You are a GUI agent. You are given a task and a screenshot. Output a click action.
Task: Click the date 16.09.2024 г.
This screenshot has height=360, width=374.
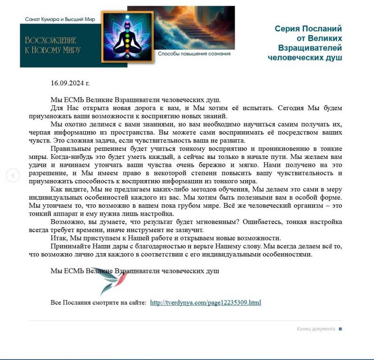pyautogui.click(x=70, y=83)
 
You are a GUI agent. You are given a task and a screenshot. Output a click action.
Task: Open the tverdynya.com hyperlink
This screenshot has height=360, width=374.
pyautogui.click(x=205, y=302)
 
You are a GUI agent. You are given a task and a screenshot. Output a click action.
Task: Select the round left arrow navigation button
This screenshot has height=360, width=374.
pyautogui.click(x=13, y=175)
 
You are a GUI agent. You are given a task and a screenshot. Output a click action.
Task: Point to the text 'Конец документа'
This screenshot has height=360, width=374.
pyautogui.click(x=316, y=329)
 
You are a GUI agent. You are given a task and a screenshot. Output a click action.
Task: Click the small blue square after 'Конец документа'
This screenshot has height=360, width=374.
pyautogui.click(x=340, y=329)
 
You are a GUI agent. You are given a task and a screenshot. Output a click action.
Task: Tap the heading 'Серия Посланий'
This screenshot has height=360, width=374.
pyautogui.click(x=308, y=29)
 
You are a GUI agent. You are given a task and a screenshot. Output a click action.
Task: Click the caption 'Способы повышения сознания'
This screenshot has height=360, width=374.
pyautogui.click(x=194, y=54)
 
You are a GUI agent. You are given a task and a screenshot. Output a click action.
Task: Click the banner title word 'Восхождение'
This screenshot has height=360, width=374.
pyautogui.click(x=50, y=40)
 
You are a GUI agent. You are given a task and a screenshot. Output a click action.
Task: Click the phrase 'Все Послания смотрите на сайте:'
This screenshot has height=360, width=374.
pyautogui.click(x=99, y=302)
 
